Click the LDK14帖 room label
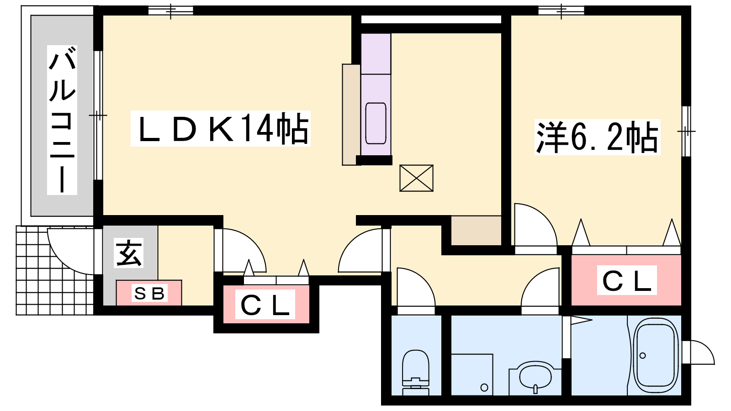pyautogui.click(x=220, y=128)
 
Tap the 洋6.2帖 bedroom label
pyautogui.click(x=597, y=137)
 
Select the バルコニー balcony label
pyautogui.click(x=62, y=120)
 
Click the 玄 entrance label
pyautogui.click(x=128, y=253)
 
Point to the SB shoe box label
pyautogui.click(x=149, y=293)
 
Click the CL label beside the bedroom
pyautogui.click(x=626, y=280)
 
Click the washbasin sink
pyautogui.click(x=535, y=379)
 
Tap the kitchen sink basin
pyautogui.click(x=376, y=123)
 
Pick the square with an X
pyautogui.click(x=416, y=178)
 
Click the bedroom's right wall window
pyautogui.click(x=686, y=131)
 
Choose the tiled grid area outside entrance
pyautogui.click(x=55, y=270)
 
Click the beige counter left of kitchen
pyautogui.click(x=351, y=115)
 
